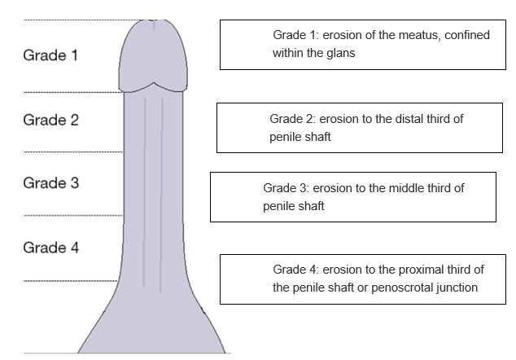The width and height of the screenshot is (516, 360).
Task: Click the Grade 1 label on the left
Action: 50,56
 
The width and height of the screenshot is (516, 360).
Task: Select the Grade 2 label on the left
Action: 50,120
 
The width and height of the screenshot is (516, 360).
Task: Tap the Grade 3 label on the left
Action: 50,182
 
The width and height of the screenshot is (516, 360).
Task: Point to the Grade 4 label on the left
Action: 50,247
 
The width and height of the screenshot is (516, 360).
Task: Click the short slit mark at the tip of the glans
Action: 155,24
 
